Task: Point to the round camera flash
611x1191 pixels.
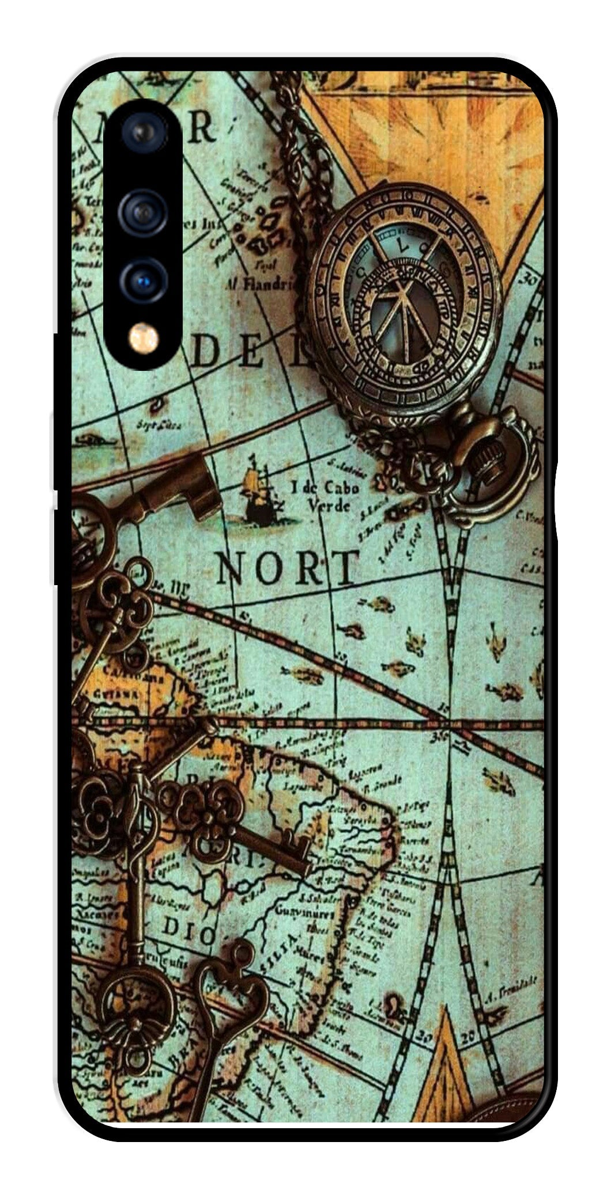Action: tap(143, 338)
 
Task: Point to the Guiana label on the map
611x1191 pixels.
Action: tap(118, 694)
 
